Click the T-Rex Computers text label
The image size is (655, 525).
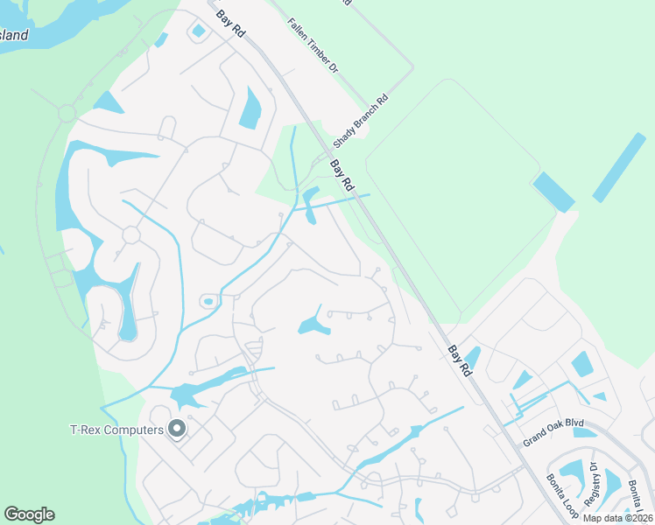click(116, 430)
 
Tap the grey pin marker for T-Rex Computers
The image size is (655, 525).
click(177, 429)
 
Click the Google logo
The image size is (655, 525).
click(29, 514)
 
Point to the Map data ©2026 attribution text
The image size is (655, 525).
click(617, 518)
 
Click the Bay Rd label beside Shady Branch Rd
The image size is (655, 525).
click(342, 176)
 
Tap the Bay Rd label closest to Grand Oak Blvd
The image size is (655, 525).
click(460, 360)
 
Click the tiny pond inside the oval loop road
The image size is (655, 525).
click(208, 302)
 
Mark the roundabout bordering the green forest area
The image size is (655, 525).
click(67, 113)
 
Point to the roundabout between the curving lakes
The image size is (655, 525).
click(131, 235)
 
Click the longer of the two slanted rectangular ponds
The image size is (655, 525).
click(619, 167)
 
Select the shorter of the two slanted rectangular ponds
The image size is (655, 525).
click(553, 192)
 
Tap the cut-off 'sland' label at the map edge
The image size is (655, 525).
click(15, 37)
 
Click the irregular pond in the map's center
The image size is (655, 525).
click(313, 326)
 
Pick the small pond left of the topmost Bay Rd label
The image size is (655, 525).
click(199, 31)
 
